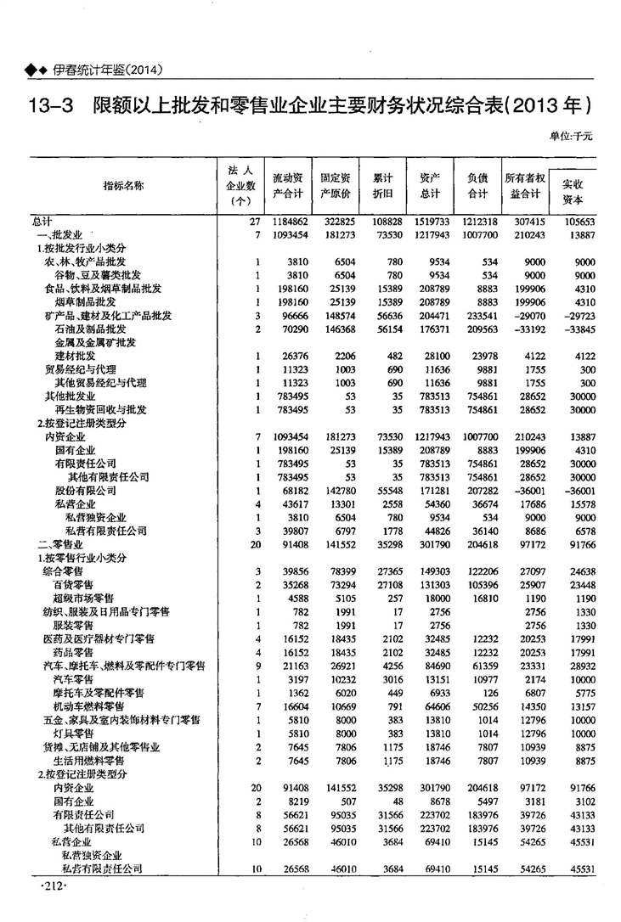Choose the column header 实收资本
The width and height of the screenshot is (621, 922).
[573, 192]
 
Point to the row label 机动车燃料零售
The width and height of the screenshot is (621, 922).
[88, 706]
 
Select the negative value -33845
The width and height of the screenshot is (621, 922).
[575, 329]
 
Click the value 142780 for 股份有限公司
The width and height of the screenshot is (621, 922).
[337, 491]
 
